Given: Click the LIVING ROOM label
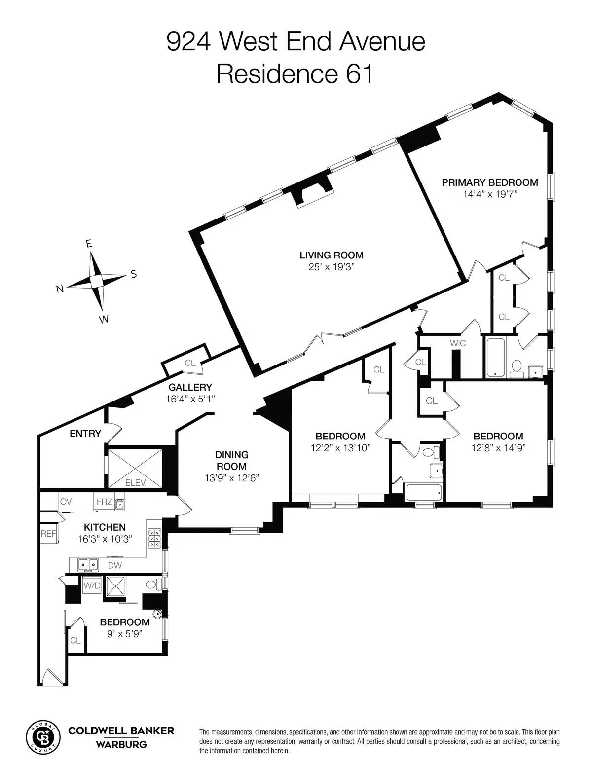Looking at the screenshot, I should (332, 255).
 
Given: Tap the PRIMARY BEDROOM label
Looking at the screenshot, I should (489, 182).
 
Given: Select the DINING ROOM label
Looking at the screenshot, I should (231, 460).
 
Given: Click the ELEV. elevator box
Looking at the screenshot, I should (135, 468).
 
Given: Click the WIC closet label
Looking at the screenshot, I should (457, 343).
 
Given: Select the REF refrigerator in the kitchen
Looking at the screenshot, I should (48, 533).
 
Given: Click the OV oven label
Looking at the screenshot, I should (66, 502).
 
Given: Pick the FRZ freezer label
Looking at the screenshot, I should (104, 502).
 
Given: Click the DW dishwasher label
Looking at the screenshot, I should (114, 565).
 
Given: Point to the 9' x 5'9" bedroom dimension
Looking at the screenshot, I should (124, 634).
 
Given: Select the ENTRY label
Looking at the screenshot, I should (85, 434).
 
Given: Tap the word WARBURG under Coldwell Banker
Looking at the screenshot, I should (121, 744).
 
